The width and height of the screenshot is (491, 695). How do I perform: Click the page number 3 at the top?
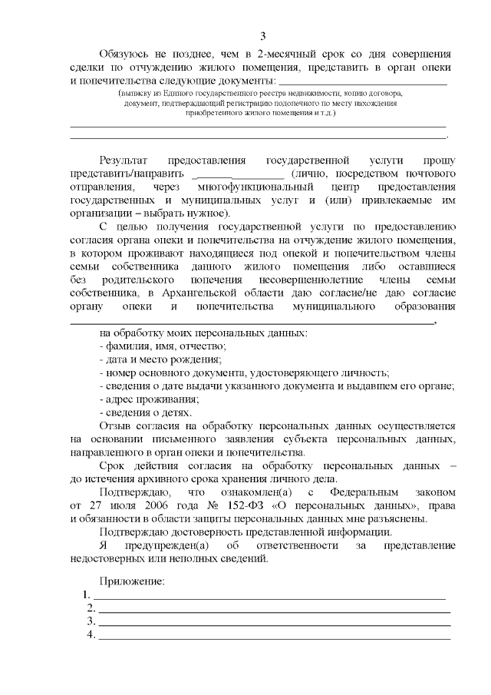tap(262, 36)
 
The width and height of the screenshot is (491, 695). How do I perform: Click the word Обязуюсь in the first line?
tap(125, 53)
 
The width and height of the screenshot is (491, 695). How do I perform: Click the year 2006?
tap(143, 504)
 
